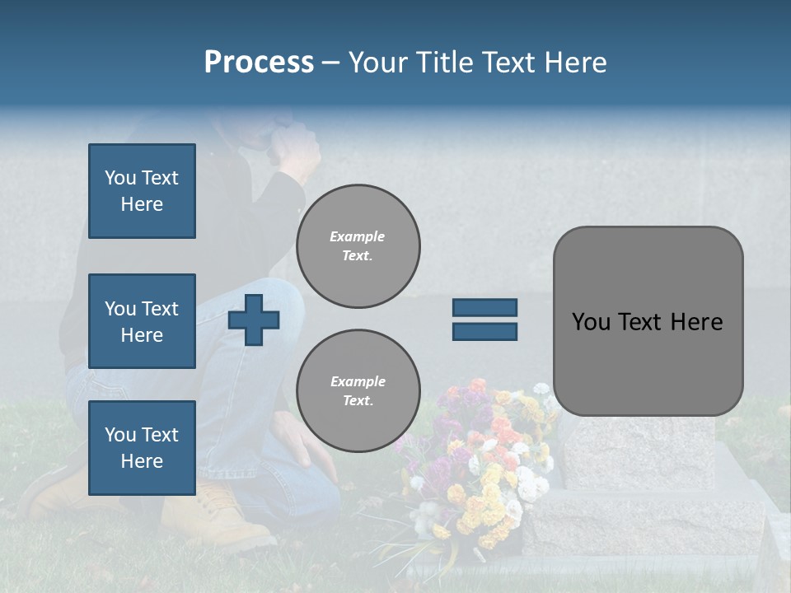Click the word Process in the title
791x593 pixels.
tap(259, 63)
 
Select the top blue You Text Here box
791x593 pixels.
tap(142, 191)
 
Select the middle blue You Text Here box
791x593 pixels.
tap(142, 321)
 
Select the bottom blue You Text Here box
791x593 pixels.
tap(142, 447)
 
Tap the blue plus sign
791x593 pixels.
tap(253, 320)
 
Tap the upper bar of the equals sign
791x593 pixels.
tap(484, 307)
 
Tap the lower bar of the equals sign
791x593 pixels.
tap(484, 331)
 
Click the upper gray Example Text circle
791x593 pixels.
tap(358, 246)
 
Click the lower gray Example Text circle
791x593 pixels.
tap(358, 390)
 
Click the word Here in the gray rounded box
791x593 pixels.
tap(696, 322)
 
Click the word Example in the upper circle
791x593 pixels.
tap(357, 236)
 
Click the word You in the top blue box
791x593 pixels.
tap(120, 178)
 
